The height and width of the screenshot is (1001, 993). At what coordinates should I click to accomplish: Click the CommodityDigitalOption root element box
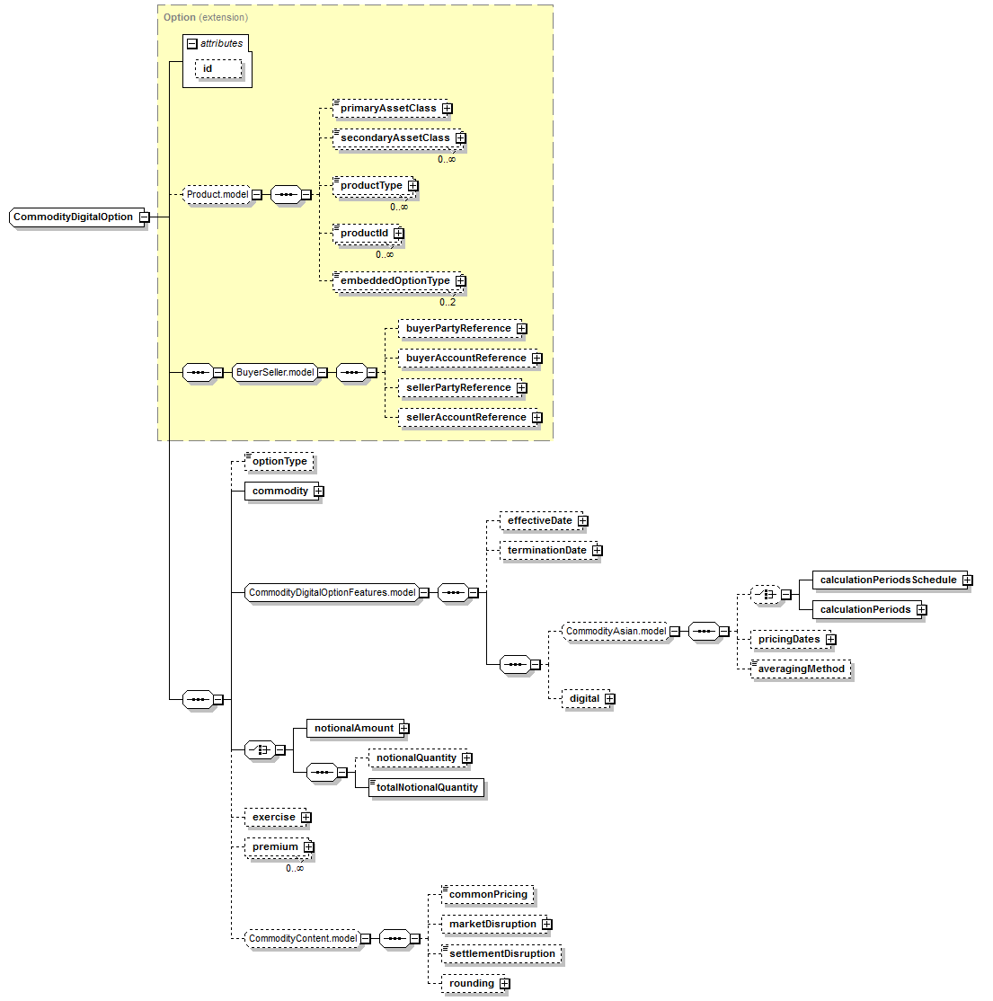point(74,217)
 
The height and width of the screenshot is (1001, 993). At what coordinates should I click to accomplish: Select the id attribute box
point(218,69)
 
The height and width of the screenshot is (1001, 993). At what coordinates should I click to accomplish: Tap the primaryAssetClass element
point(388,109)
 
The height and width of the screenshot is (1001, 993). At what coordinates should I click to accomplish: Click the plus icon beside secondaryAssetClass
point(461,137)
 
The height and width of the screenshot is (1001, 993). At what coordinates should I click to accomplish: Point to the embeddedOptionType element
point(395,281)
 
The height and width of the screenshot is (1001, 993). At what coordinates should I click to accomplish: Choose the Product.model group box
point(217,195)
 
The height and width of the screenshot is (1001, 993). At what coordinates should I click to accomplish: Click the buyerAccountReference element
point(466,359)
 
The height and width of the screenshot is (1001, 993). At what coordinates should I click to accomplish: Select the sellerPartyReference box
point(458,387)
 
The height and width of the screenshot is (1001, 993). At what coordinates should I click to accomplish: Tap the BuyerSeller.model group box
point(275,372)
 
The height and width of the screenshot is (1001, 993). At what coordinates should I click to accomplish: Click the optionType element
point(279,462)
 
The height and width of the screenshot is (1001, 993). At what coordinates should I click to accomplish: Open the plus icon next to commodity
point(319,491)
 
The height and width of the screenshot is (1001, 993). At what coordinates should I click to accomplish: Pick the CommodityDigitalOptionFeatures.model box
point(332,592)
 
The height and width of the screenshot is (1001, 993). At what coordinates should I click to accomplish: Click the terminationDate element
point(547,550)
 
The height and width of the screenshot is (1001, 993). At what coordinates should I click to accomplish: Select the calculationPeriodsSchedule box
point(888,580)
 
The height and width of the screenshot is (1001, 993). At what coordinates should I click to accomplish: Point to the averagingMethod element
point(801,669)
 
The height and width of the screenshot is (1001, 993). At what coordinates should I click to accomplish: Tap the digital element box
point(585,698)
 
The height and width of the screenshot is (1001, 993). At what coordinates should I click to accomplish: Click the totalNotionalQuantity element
point(427,788)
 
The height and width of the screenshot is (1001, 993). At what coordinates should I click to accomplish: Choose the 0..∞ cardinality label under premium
point(295,868)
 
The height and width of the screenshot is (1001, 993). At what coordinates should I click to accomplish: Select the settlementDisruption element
point(502,953)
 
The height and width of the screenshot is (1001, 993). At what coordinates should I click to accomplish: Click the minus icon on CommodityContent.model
point(365,938)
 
